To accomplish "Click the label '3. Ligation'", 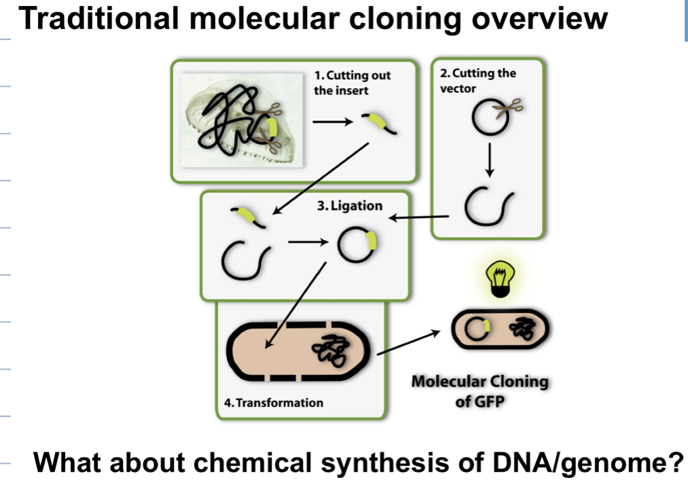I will (350, 206).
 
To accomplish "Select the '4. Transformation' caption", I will (274, 403).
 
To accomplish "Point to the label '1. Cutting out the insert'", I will (352, 82).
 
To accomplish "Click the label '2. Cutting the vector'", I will (477, 81).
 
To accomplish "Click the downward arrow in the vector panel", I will (490, 159).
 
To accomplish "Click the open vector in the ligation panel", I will (242, 260).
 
